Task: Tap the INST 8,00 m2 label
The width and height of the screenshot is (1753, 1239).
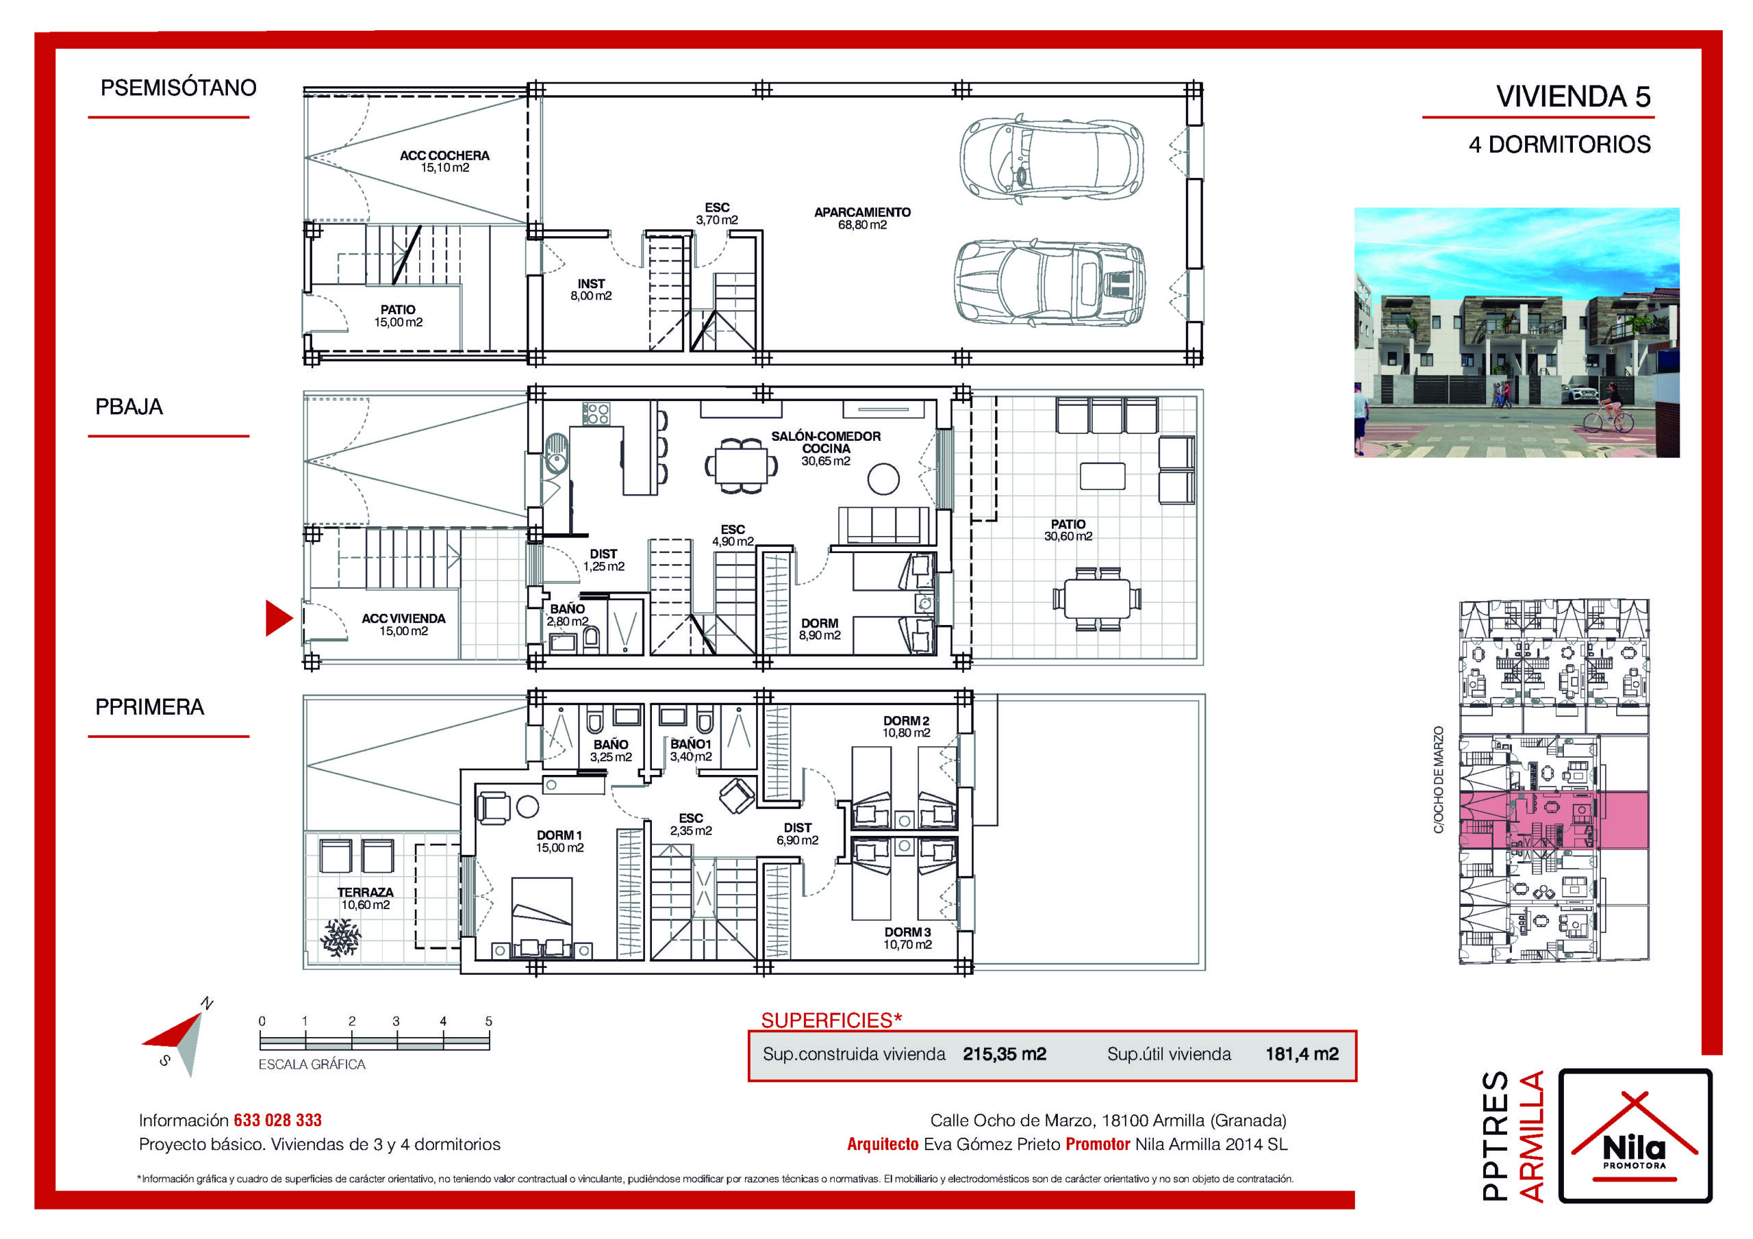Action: point(591,290)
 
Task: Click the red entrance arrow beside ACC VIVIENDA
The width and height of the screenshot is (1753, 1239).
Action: point(278,618)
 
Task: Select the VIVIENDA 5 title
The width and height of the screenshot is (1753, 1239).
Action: point(1573,97)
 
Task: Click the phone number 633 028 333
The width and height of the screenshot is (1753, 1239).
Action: point(278,1120)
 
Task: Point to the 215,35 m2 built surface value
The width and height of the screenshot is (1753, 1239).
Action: point(1004,1054)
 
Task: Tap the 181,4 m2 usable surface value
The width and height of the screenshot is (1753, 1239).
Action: point(1302,1054)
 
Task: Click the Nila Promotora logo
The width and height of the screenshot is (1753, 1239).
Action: point(1635,1135)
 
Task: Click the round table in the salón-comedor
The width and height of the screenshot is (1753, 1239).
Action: point(883,479)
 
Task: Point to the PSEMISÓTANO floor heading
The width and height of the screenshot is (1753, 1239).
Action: point(178,88)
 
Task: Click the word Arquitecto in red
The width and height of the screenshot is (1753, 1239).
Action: point(883,1145)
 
